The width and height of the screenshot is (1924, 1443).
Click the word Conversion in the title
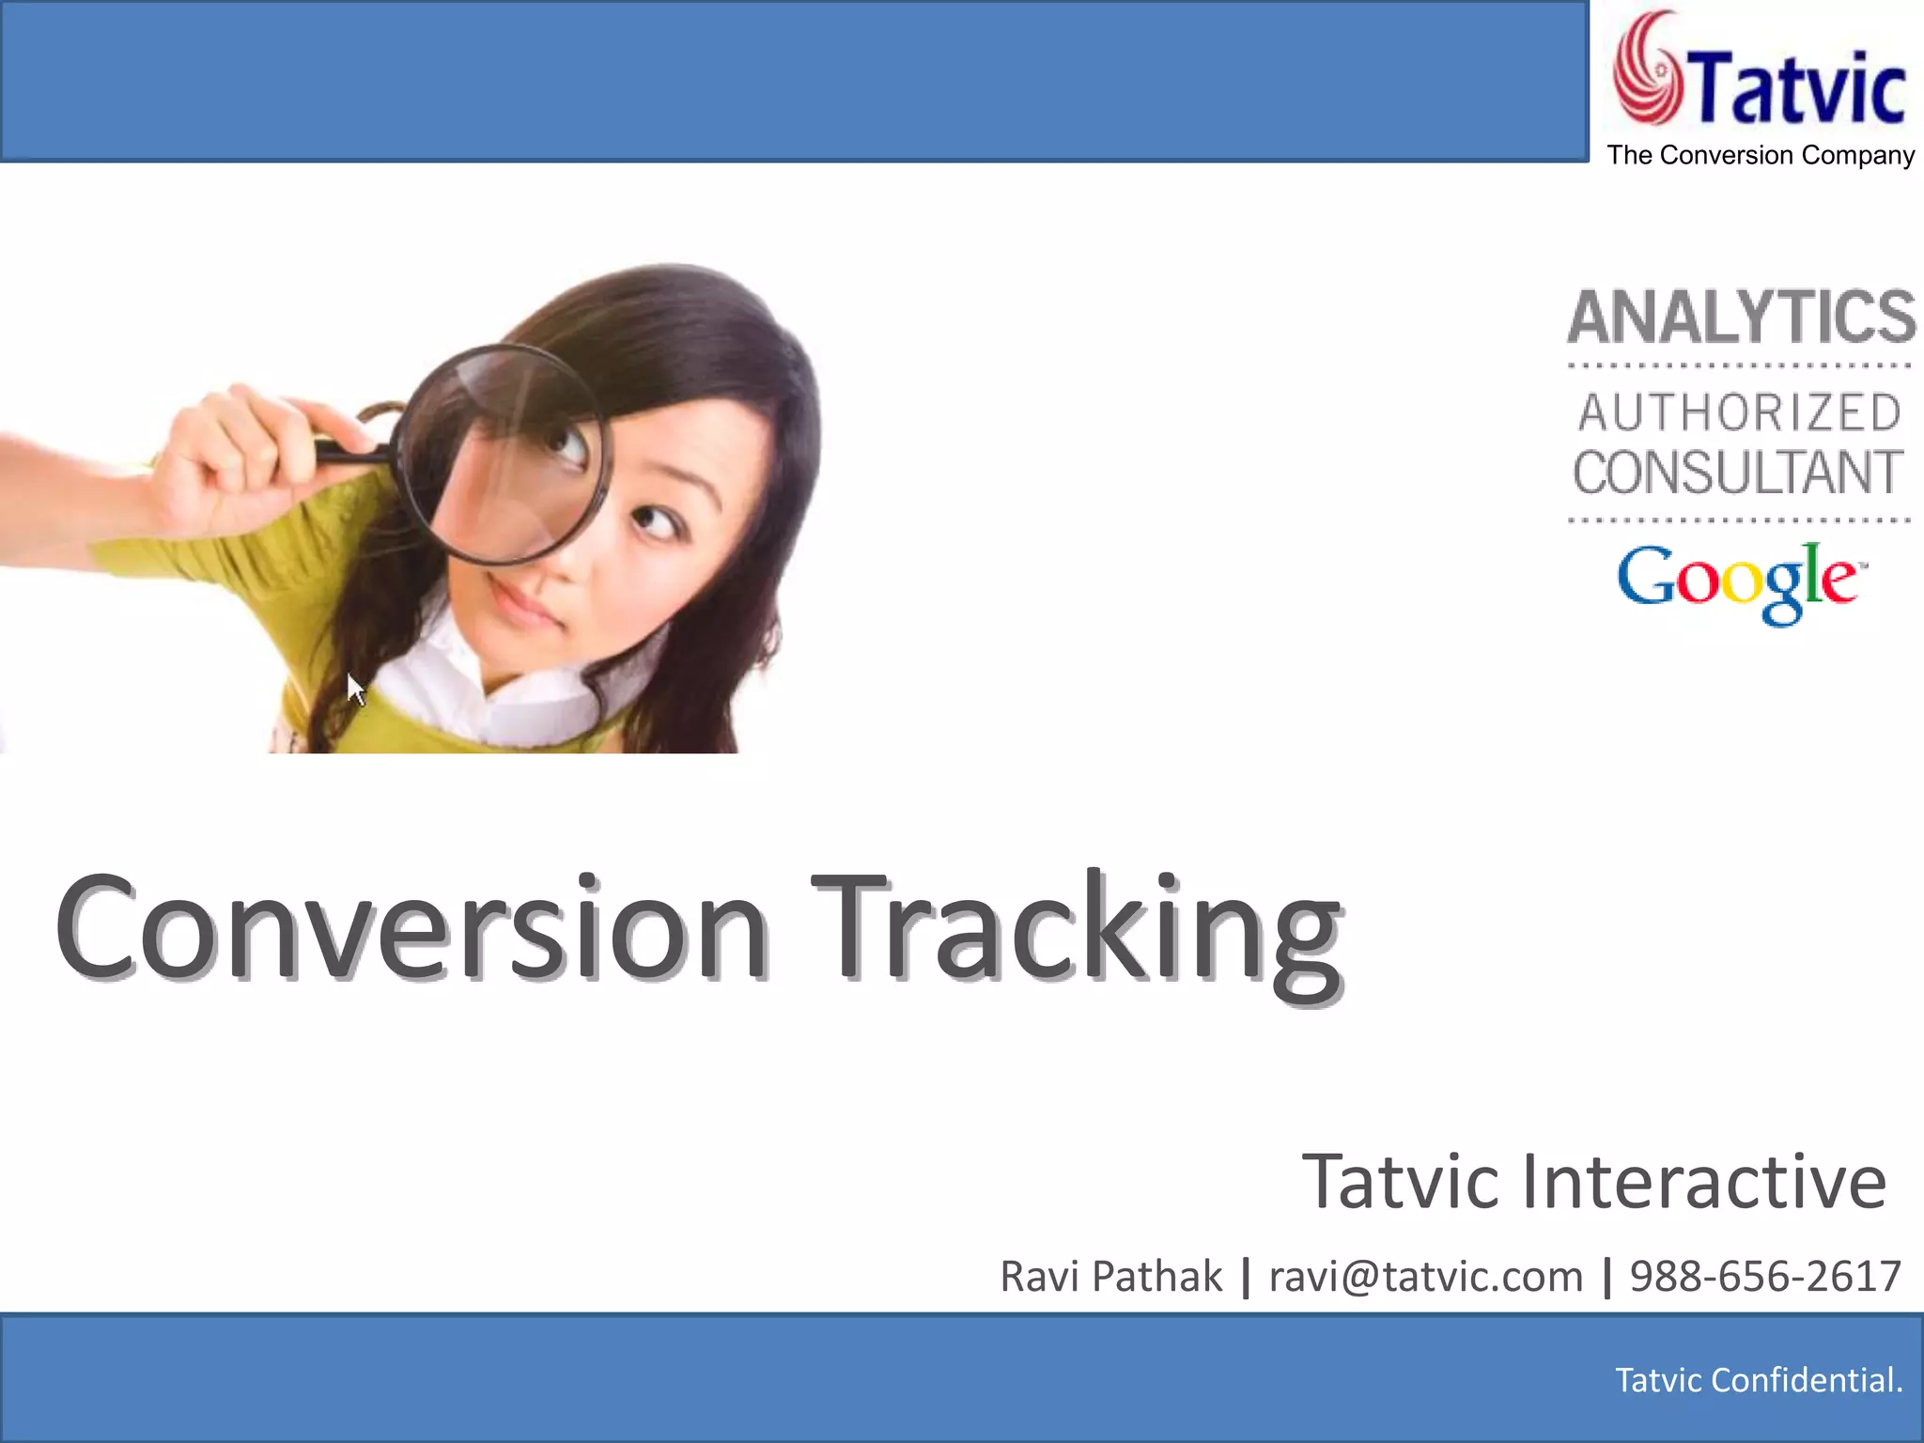pos(411,928)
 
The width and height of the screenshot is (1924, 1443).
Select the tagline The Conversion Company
pos(1761,155)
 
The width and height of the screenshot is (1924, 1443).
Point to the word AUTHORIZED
pos(1740,413)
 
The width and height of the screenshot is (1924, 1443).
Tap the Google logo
pos(1740,582)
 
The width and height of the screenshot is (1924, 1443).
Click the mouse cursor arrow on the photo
pos(355,690)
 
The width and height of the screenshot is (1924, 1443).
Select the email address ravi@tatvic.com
pos(1425,1277)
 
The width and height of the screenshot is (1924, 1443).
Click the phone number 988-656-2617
pos(1765,1277)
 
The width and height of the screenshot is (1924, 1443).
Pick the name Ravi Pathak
pos(1110,1277)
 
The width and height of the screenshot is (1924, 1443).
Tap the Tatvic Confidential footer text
pos(1758,1380)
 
